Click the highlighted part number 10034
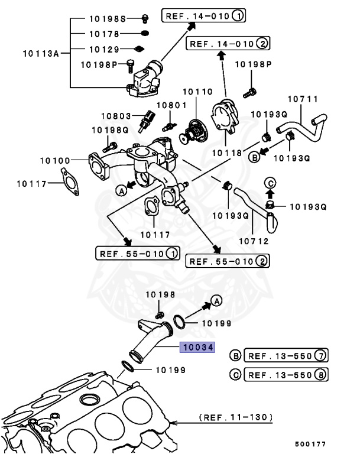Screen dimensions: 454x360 coord(197,347)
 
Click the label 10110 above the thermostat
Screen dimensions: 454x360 coord(196,92)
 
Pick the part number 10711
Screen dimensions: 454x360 coord(302,98)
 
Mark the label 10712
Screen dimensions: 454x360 coord(254,241)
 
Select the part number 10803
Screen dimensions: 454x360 coord(115,116)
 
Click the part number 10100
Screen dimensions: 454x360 coord(55,160)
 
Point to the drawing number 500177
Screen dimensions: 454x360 coord(310,444)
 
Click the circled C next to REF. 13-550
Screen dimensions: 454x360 coord(235,375)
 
